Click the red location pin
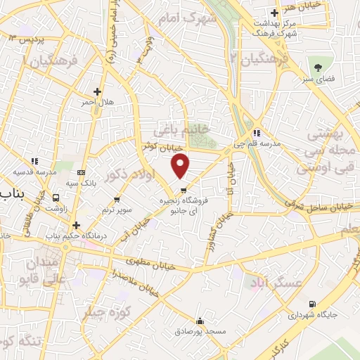181,166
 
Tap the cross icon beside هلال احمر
97,91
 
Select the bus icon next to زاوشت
51,198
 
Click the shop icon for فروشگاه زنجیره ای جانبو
184,190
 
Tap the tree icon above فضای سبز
319,67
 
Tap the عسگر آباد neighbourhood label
274,282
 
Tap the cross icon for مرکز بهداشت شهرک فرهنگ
276,12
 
